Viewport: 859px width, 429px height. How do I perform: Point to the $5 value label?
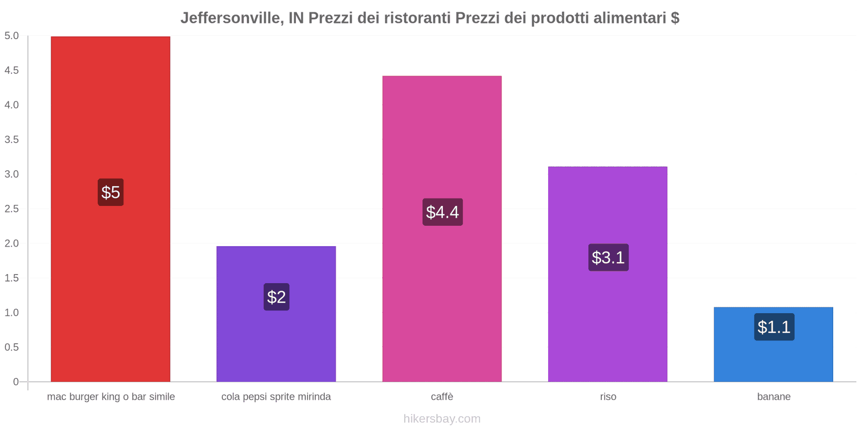(x=111, y=192)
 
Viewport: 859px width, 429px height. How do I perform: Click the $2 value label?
(x=276, y=297)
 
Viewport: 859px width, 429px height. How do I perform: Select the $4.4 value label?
(x=442, y=212)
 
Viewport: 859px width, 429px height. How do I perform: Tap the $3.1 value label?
(x=608, y=257)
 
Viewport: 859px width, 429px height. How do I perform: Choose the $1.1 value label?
(x=774, y=327)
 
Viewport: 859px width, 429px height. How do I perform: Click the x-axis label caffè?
(x=442, y=397)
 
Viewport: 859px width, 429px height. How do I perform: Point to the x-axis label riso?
(x=608, y=397)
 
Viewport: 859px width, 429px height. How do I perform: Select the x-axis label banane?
(x=774, y=397)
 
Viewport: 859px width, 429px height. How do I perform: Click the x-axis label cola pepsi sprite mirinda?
(x=276, y=397)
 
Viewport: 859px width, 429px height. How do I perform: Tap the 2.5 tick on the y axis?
(x=11, y=209)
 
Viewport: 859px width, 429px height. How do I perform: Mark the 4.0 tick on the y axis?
(x=11, y=105)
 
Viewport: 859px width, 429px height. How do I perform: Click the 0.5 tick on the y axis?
(x=11, y=347)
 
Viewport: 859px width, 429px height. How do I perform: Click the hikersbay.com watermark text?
(x=442, y=419)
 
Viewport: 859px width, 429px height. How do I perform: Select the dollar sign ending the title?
(x=675, y=18)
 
